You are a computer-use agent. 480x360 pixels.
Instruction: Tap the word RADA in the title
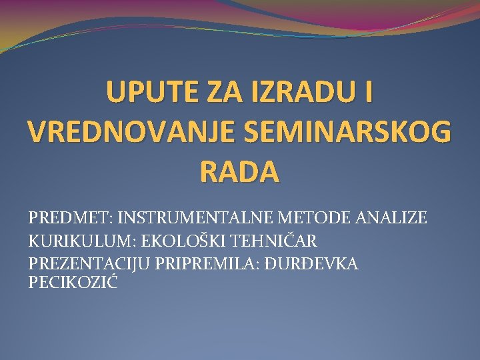pos(239,171)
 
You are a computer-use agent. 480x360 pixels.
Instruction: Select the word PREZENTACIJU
pos(89,264)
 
